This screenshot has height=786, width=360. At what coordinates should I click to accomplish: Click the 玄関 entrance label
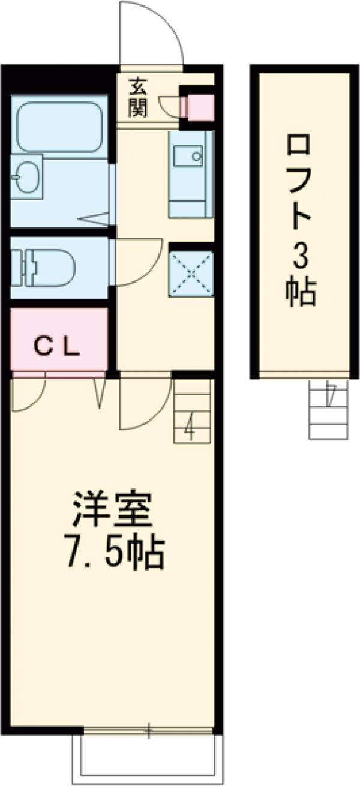click(x=138, y=99)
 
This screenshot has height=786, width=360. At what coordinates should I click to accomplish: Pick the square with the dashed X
click(x=191, y=274)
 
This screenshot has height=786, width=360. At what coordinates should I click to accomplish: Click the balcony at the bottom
click(x=148, y=760)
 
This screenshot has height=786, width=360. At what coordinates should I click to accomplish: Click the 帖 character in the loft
click(x=300, y=294)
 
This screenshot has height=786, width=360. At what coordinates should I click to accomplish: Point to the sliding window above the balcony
click(x=148, y=731)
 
